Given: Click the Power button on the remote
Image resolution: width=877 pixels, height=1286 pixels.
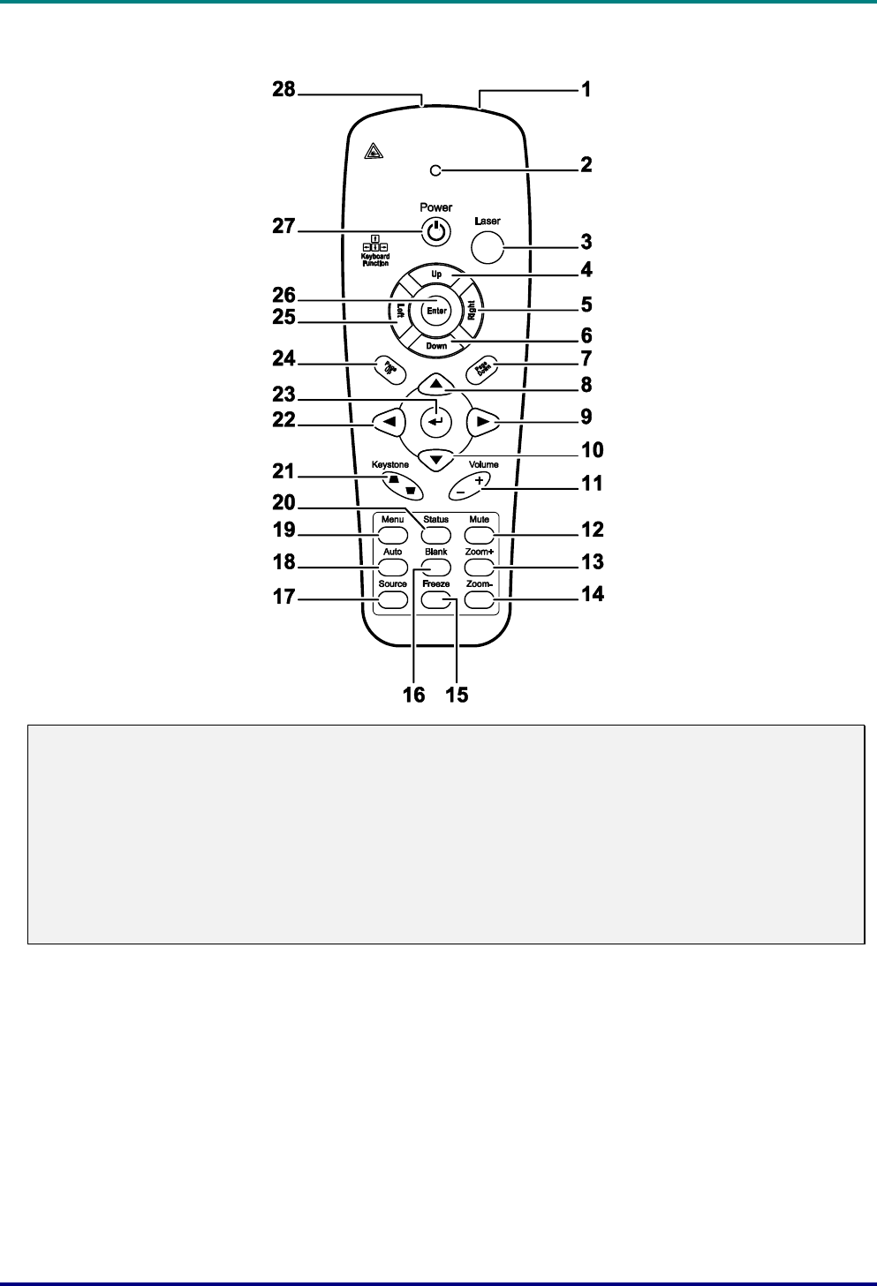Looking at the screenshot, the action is pos(436,232).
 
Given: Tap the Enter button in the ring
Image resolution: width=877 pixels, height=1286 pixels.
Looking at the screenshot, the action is pos(436,310).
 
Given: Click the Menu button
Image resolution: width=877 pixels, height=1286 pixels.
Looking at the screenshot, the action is pos(393,535).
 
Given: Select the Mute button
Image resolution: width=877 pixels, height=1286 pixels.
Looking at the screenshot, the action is pos(479,535).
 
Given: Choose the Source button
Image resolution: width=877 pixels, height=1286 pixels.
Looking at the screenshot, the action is pos(393,599).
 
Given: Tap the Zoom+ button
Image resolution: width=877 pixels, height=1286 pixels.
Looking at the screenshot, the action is pos(479,567).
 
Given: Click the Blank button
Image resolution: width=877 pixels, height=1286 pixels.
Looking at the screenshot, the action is pos(436,567).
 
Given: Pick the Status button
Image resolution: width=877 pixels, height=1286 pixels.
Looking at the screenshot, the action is pos(436,535).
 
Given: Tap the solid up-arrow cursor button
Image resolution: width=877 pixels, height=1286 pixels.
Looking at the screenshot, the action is pos(436,384).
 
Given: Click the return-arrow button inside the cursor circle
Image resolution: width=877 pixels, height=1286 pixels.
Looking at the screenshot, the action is pos(436,421).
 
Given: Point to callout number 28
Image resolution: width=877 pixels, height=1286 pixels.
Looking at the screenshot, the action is pos(284,90).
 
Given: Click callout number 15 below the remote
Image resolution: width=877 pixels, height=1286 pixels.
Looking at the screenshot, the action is pos(457,695).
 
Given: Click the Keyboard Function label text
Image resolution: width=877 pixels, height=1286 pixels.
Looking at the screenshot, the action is pos(375,259).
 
